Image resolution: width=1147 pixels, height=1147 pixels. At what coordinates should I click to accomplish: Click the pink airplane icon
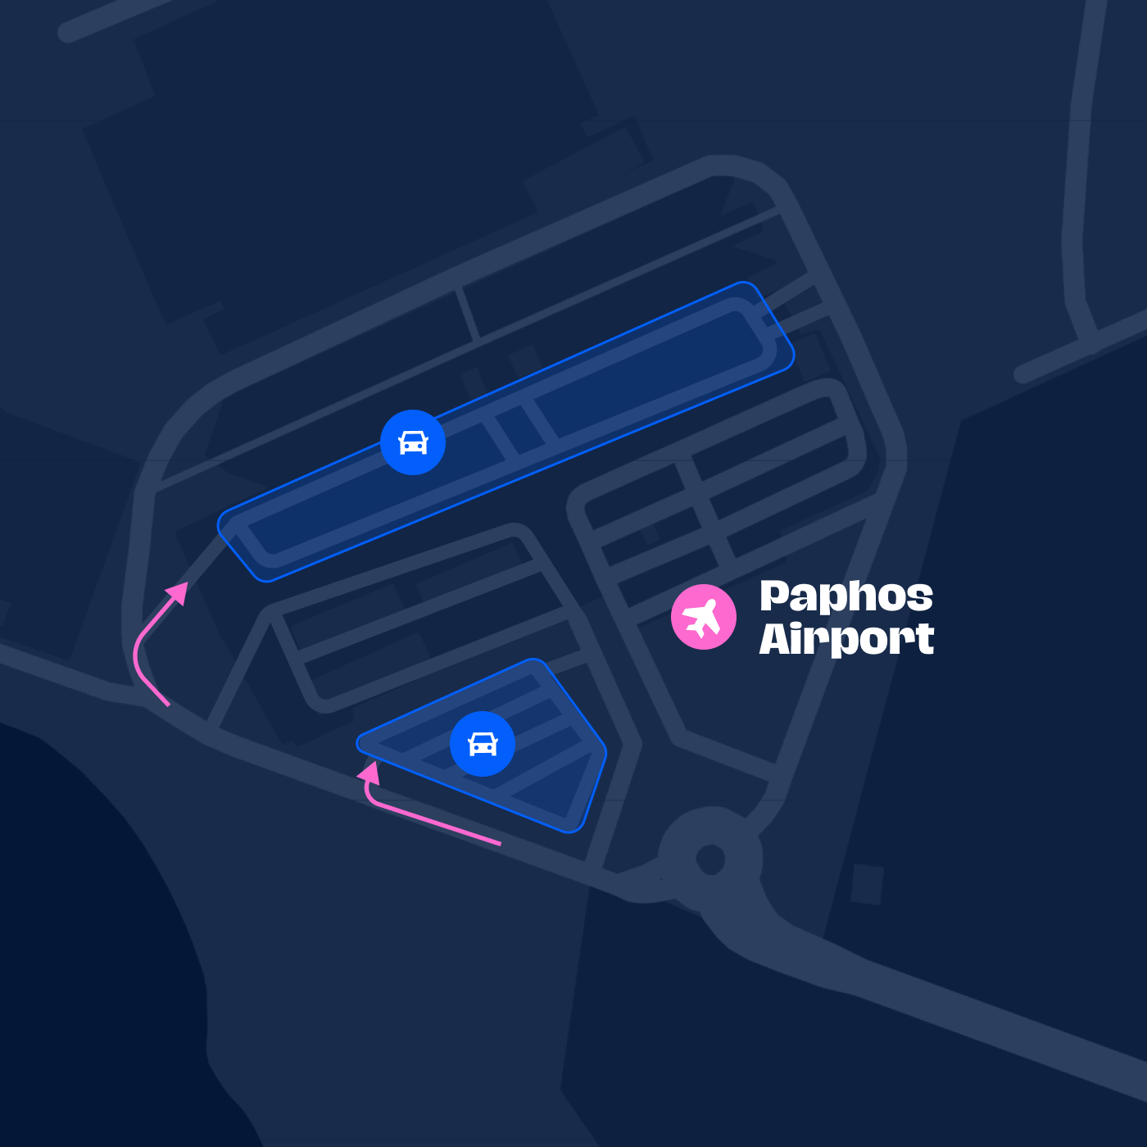click(x=703, y=617)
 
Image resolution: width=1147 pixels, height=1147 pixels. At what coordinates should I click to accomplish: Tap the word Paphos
click(x=846, y=596)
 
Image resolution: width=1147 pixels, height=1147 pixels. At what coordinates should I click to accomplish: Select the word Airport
click(x=846, y=639)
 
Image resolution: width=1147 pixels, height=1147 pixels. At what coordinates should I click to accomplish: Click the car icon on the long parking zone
click(x=413, y=442)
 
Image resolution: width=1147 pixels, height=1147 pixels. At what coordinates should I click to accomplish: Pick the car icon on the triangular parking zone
click(x=483, y=744)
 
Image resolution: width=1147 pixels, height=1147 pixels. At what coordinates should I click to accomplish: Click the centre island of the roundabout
click(x=710, y=859)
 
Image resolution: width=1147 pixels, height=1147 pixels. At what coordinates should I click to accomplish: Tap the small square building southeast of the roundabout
click(x=867, y=884)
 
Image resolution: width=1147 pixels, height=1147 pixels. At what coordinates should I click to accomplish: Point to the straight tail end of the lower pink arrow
click(x=498, y=842)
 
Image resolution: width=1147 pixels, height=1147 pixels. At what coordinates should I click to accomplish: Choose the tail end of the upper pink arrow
click(x=167, y=704)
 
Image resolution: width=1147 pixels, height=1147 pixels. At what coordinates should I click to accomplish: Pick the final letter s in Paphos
click(x=920, y=597)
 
